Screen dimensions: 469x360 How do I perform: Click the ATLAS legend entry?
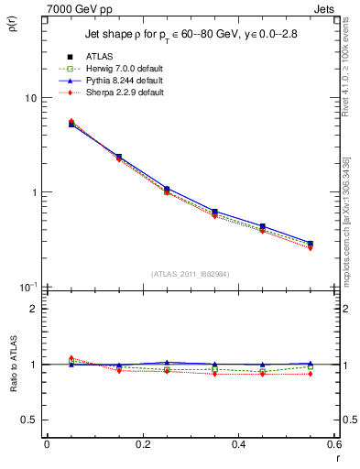point(101,57)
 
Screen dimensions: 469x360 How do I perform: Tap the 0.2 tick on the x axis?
point(142,444)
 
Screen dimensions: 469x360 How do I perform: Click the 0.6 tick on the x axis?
point(334,444)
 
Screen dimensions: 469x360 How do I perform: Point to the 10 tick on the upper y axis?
point(29,98)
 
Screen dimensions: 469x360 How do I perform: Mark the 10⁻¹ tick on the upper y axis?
point(27,288)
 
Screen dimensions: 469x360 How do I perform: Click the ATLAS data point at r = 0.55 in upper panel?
point(311,244)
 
